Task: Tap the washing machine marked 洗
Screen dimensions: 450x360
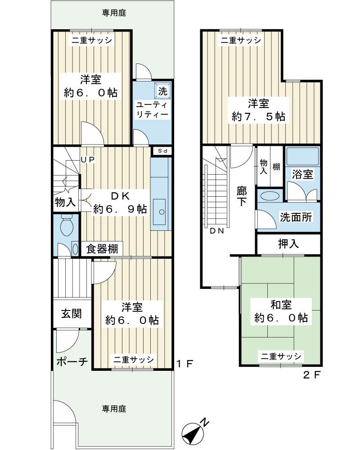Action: pyautogui.click(x=162, y=90)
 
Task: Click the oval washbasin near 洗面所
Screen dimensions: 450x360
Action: pyautogui.click(x=270, y=196)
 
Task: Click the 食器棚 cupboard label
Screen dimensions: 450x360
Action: pyautogui.click(x=103, y=249)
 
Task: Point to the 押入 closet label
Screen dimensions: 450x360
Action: pyautogui.click(x=288, y=244)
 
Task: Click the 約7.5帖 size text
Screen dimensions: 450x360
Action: pyautogui.click(x=258, y=116)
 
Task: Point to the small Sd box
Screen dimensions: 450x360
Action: pyautogui.click(x=162, y=151)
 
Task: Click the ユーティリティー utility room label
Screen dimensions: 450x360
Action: pyautogui.click(x=152, y=109)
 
